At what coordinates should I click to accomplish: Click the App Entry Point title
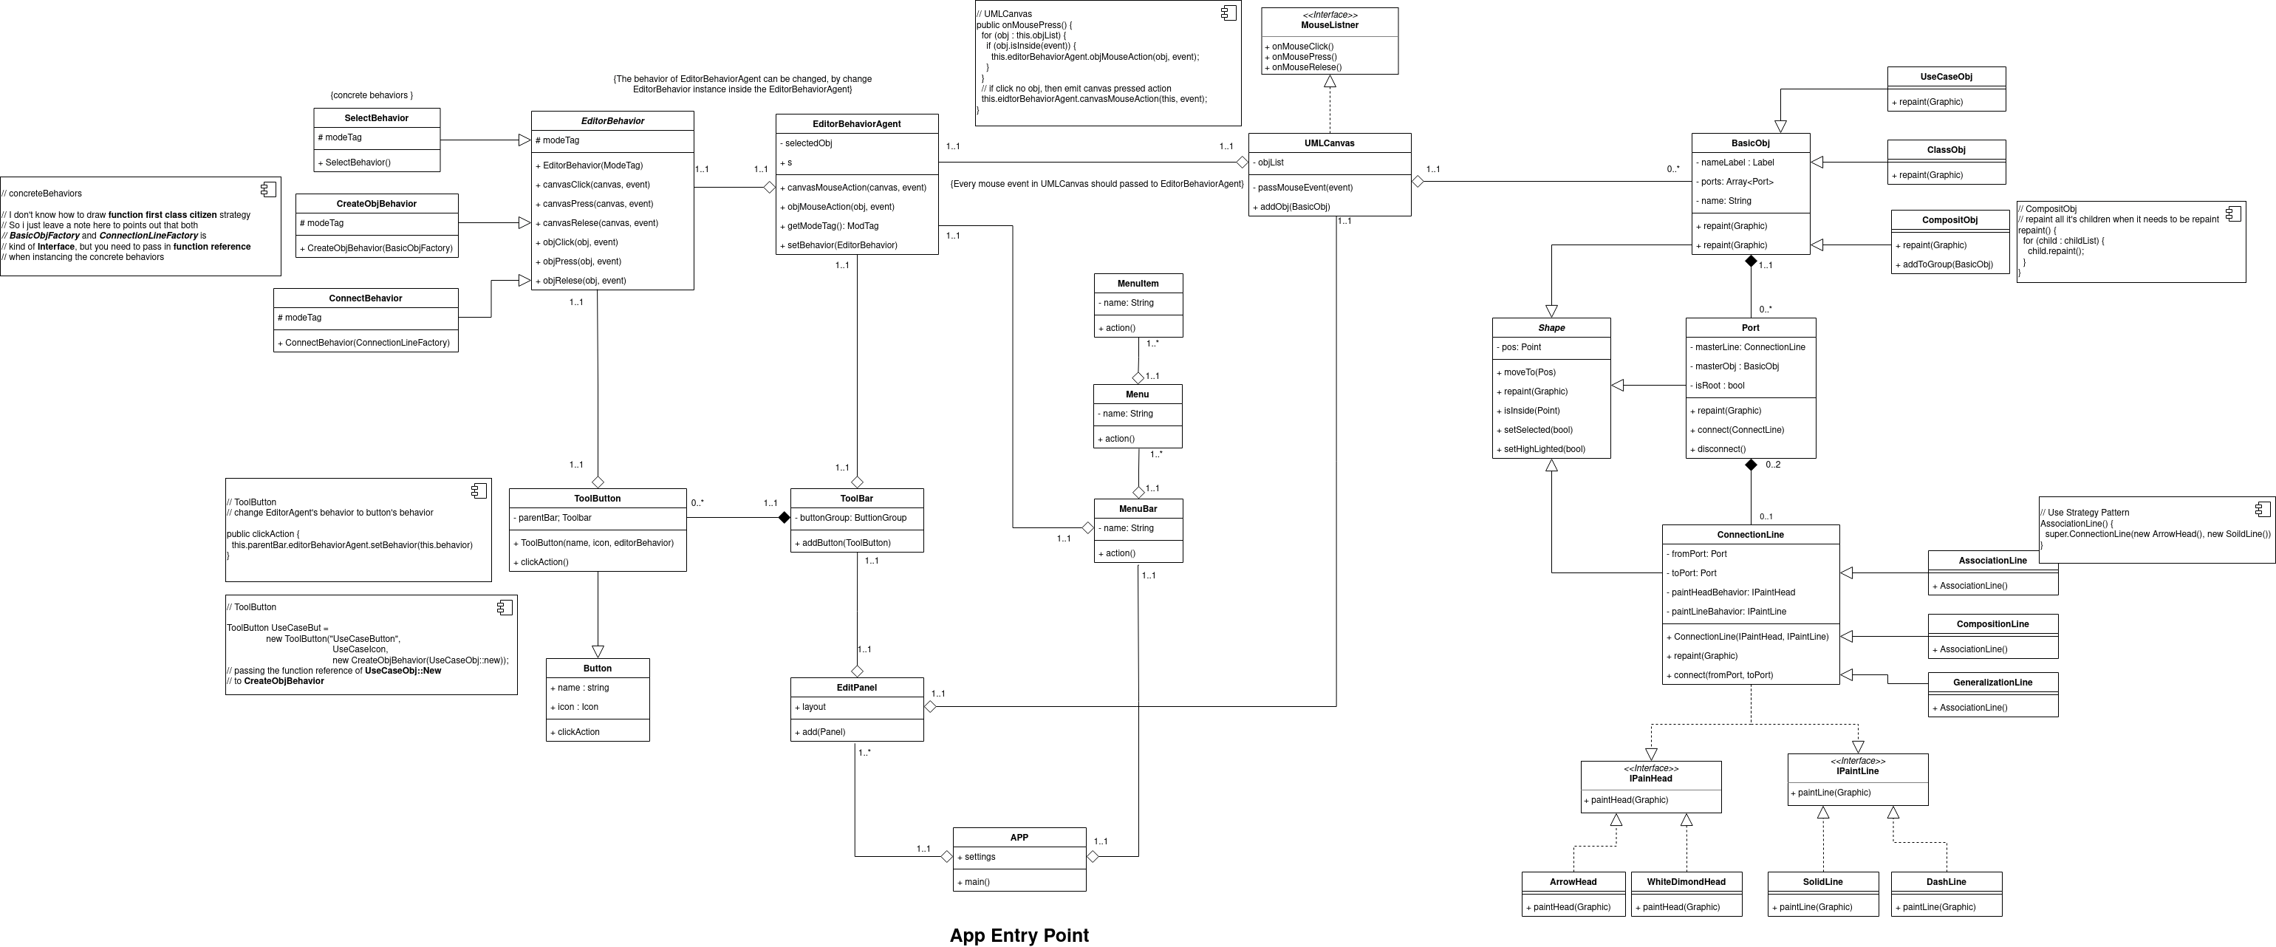click(x=1019, y=934)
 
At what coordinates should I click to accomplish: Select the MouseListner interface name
click(x=1329, y=24)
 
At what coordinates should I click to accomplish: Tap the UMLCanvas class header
click(x=1329, y=143)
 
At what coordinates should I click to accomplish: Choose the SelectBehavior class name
click(x=377, y=118)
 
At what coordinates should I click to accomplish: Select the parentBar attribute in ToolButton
click(x=555, y=518)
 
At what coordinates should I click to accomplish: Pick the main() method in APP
click(x=973, y=882)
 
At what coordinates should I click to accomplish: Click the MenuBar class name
click(x=1137, y=509)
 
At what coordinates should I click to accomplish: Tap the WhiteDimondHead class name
click(x=1686, y=882)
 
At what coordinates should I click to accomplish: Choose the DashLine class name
click(x=1946, y=882)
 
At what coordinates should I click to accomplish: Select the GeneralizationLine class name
click(x=1992, y=682)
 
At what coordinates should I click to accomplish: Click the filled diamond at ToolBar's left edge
click(x=784, y=518)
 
